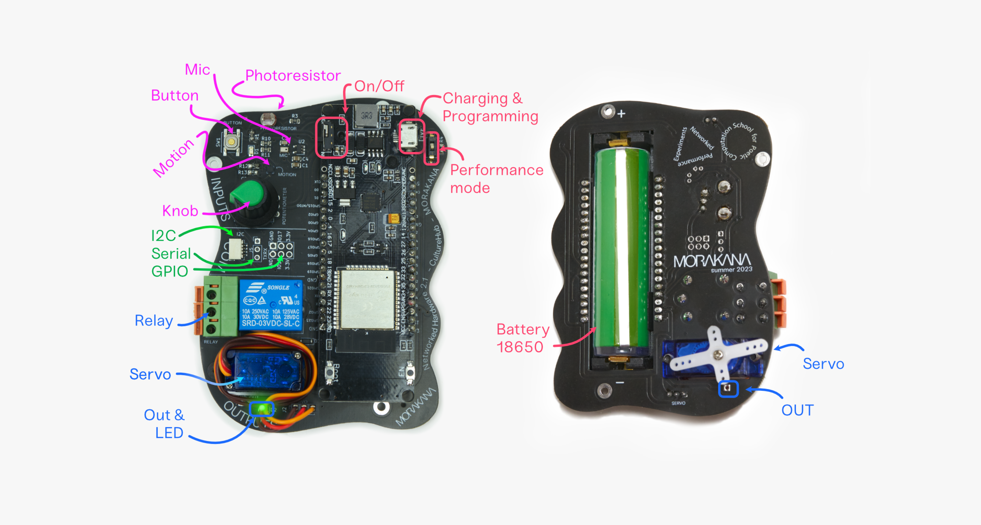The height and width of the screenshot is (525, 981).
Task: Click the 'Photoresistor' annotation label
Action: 292,75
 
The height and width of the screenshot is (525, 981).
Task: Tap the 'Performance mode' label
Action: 496,179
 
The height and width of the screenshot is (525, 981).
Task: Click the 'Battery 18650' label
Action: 522,338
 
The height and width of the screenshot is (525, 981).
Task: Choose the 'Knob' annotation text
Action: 180,211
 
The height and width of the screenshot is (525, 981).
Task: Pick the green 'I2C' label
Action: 163,236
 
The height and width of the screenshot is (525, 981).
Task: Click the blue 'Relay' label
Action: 154,320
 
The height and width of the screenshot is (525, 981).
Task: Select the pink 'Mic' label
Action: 197,69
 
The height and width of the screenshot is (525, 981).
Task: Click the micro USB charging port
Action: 410,134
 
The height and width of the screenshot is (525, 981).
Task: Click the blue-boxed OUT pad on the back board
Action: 728,388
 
